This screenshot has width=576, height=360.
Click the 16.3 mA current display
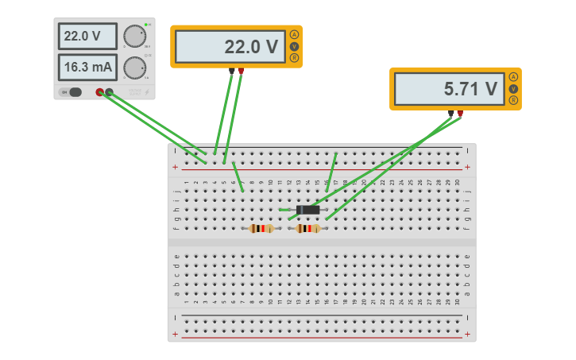[87, 67]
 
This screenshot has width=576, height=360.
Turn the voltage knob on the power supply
[135, 36]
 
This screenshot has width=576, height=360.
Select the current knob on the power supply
[135, 68]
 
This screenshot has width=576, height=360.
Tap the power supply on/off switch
[72, 92]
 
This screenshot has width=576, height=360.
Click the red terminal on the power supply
[100, 92]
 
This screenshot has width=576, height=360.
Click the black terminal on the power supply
[109, 92]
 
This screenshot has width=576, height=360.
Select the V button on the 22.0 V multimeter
[294, 46]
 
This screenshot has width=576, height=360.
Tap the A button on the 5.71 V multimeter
[513, 77]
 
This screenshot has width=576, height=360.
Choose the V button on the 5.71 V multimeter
[513, 88]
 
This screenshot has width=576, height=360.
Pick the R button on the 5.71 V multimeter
[513, 100]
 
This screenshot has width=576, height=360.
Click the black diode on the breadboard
[307, 210]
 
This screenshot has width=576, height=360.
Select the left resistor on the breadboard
[261, 229]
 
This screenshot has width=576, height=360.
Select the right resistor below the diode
[307, 229]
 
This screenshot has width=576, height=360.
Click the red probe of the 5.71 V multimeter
[460, 114]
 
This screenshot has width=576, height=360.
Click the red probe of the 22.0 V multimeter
[241, 72]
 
